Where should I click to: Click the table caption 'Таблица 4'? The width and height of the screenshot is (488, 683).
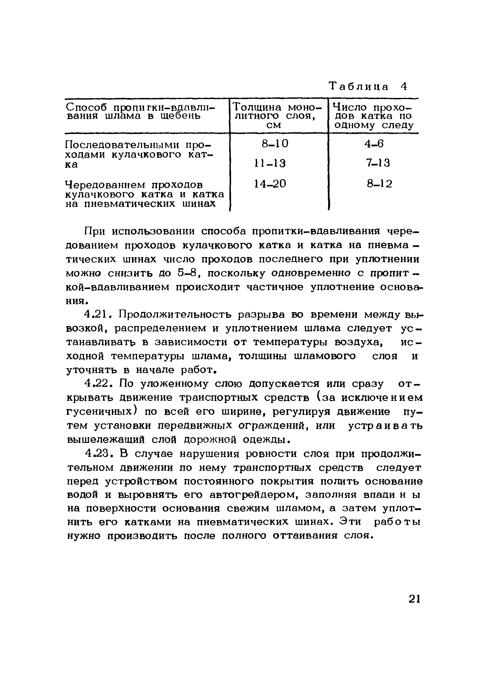[368, 87]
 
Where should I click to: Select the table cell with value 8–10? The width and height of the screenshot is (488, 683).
[275, 144]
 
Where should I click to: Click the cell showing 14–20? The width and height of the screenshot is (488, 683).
[270, 184]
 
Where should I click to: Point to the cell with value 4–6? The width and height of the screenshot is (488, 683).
[374, 144]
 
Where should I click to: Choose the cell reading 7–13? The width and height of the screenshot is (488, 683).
[378, 163]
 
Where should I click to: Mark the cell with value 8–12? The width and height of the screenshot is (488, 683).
[379, 184]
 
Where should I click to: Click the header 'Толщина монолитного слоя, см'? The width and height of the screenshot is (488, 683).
[278, 116]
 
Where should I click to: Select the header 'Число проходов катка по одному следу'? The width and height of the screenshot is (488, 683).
[373, 116]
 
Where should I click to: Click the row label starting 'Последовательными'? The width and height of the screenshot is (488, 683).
[138, 154]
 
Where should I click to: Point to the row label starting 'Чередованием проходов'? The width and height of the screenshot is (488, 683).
[144, 194]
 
